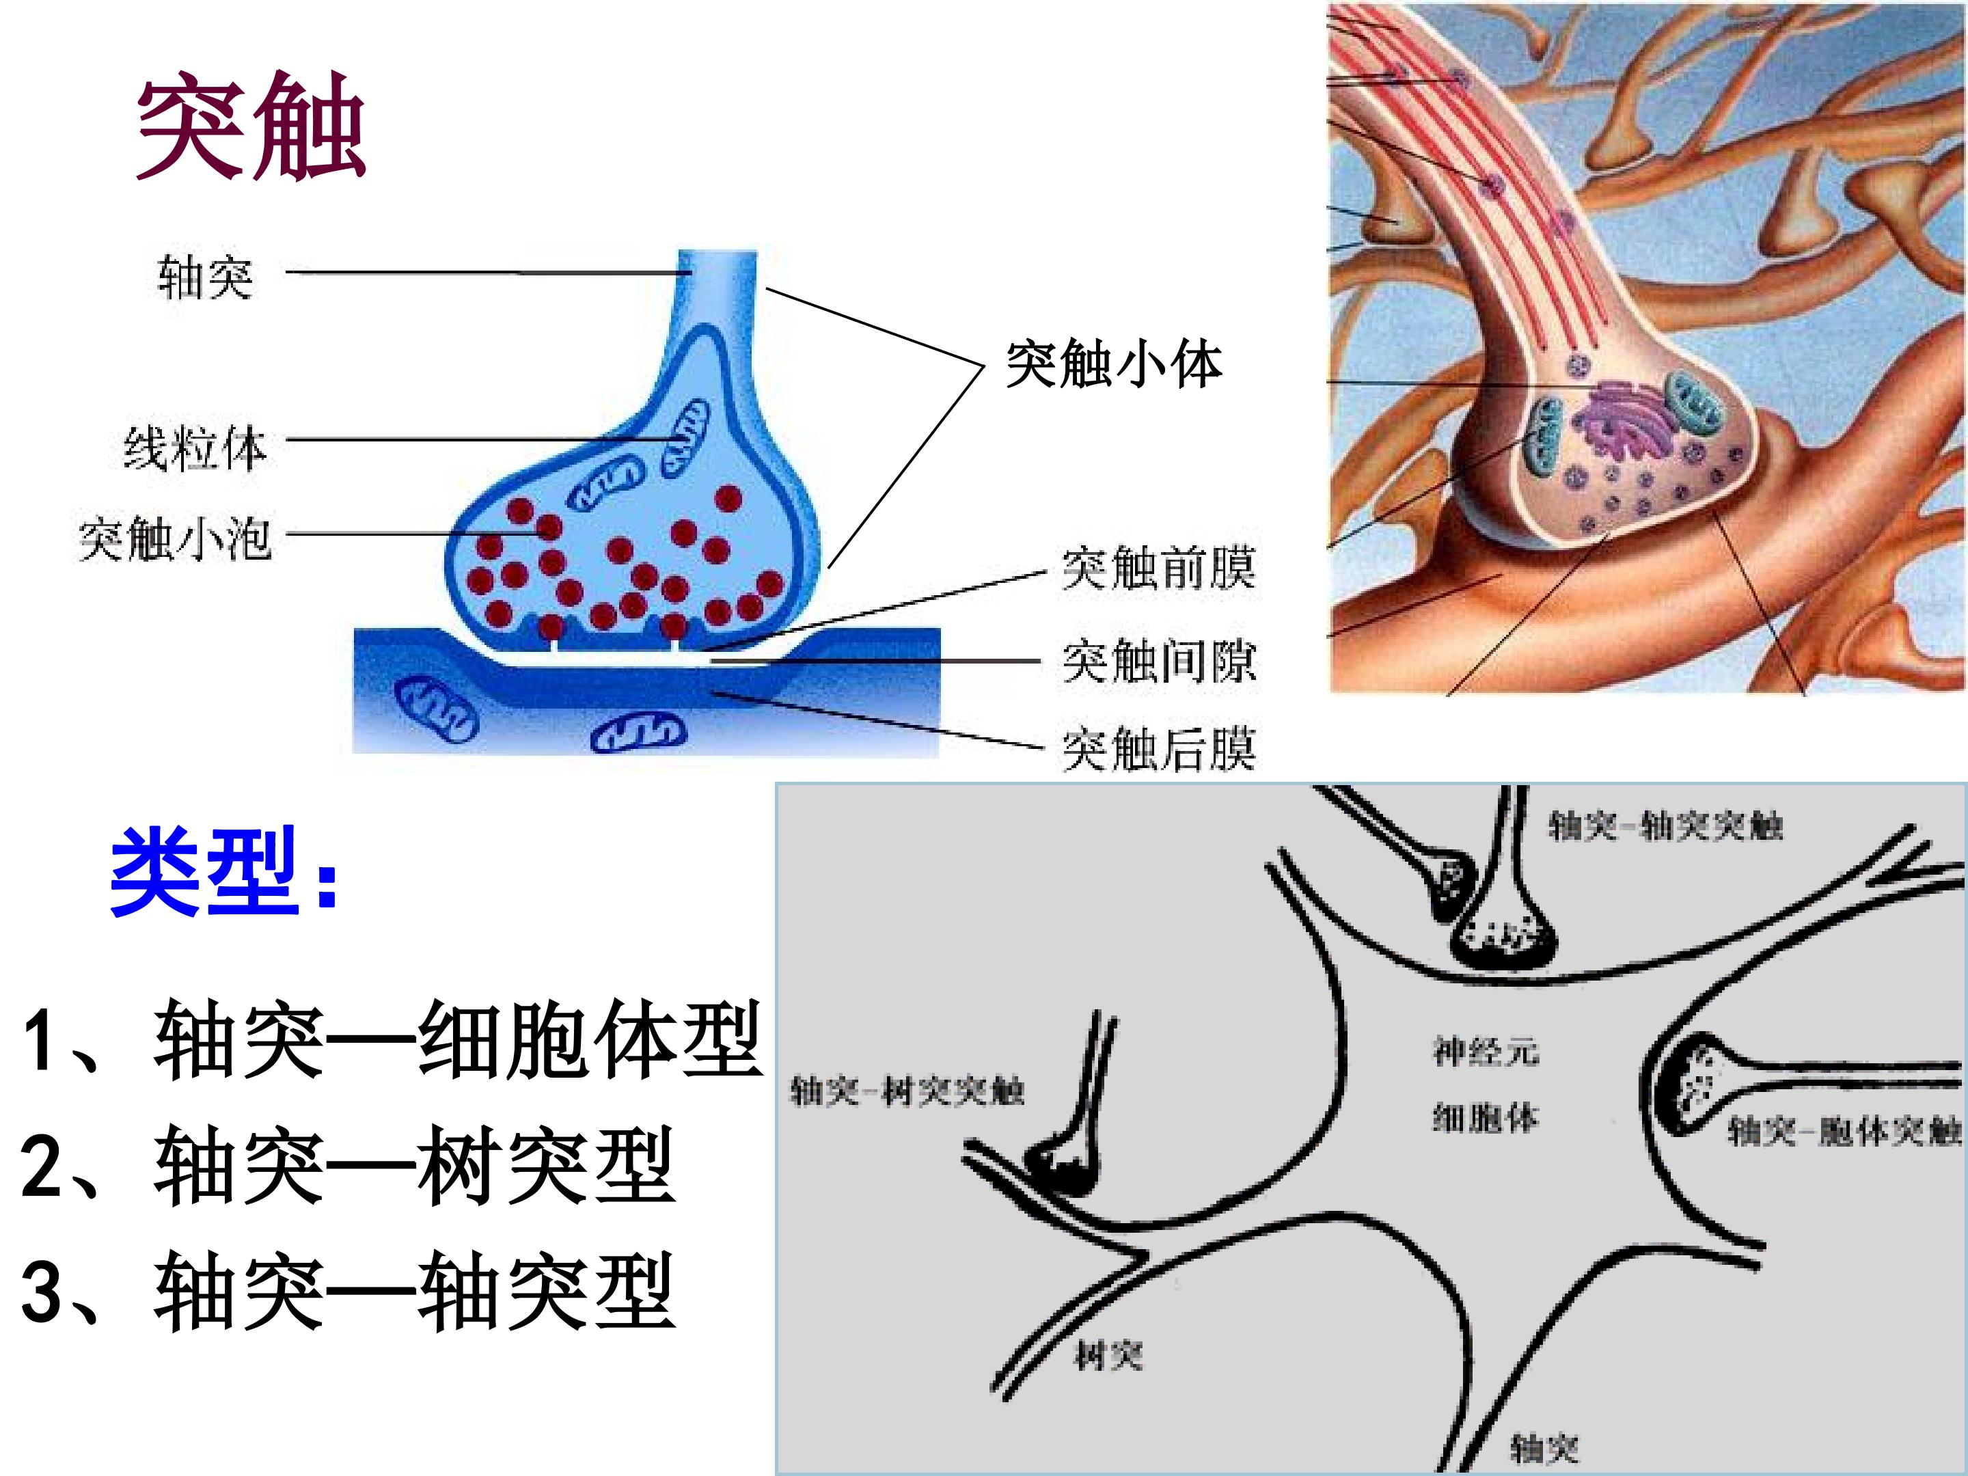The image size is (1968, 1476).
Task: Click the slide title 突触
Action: coord(251,126)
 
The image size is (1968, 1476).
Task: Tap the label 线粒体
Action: coord(195,448)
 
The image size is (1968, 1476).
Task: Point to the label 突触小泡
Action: coord(174,538)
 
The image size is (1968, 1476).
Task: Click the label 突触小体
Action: coord(1114,364)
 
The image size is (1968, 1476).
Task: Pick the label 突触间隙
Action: coord(1158,660)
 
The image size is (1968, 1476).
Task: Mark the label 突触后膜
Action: coord(1158,748)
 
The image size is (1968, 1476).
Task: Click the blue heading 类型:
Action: coord(224,871)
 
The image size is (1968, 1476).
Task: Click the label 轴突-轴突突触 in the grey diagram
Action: coord(1665,825)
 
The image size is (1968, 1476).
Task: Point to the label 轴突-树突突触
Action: coord(907,1090)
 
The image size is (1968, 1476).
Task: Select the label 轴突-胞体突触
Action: coord(1845,1131)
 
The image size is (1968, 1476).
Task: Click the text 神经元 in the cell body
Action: coord(1485,1052)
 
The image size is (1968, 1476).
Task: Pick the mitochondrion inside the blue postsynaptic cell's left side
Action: coord(437,709)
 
